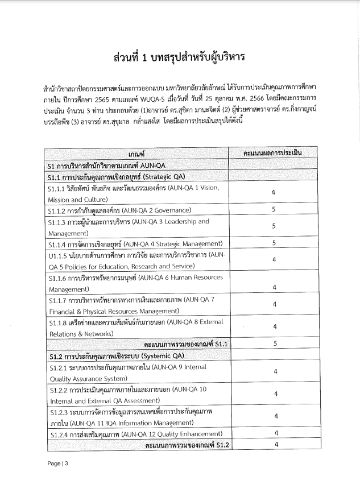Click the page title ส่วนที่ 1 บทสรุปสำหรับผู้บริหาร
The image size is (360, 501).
pos(179,59)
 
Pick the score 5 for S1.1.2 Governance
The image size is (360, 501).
pos(274,210)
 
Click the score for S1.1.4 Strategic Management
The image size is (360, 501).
pos(274,243)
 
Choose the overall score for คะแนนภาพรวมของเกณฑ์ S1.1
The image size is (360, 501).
pos(274,343)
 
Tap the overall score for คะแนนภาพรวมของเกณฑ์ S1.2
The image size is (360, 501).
pos(274,445)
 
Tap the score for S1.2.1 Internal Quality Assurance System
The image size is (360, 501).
pos(274,372)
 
